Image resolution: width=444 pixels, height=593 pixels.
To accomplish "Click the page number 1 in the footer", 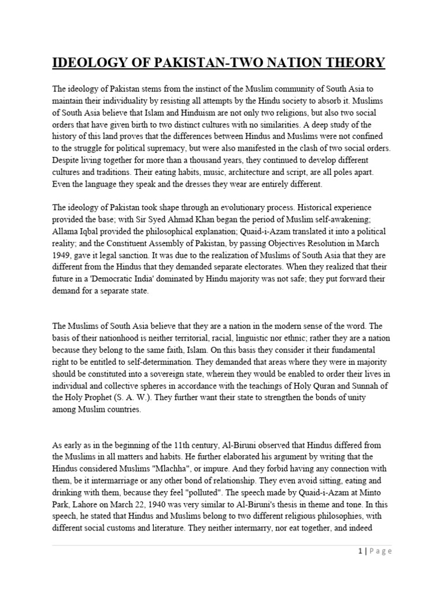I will (359, 551).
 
